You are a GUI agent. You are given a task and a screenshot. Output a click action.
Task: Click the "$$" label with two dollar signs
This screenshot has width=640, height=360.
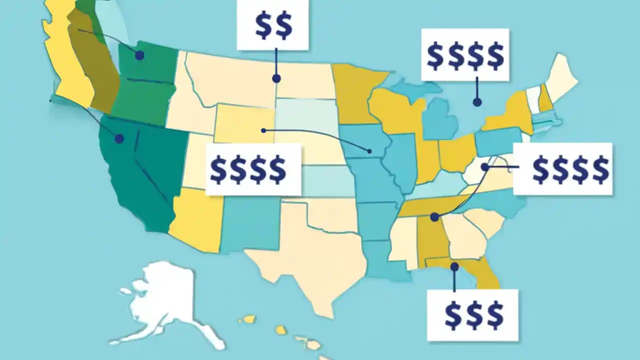[x=273, y=25]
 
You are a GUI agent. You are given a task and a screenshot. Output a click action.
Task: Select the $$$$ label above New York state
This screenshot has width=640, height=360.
[x=465, y=55]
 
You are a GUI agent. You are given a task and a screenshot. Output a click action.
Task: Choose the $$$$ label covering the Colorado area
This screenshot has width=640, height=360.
[x=248, y=169]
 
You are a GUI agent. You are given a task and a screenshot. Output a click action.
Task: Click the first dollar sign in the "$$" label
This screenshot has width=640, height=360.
[x=263, y=25]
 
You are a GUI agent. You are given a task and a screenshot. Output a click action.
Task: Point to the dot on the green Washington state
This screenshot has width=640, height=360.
[x=139, y=55]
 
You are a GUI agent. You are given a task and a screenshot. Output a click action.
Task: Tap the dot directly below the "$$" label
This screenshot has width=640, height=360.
[x=276, y=78]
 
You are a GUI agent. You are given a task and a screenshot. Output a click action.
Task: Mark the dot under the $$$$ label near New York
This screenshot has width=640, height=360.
[x=477, y=102]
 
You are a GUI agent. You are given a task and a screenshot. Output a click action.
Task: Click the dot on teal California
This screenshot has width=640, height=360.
[x=119, y=139]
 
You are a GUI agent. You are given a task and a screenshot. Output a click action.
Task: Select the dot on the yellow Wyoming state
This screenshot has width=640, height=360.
[x=263, y=130]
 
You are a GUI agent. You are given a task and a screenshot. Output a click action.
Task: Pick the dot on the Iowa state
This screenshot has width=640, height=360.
[x=369, y=150]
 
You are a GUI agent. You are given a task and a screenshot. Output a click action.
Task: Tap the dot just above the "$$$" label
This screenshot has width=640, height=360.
[x=454, y=267]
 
